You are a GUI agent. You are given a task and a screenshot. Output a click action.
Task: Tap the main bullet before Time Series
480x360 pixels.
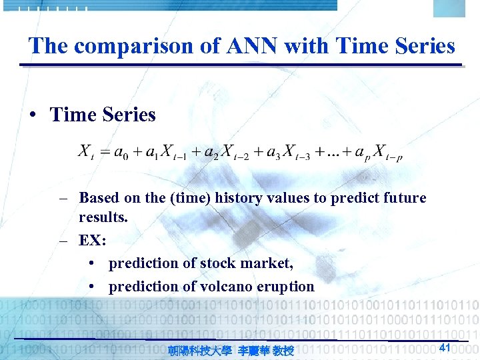33,115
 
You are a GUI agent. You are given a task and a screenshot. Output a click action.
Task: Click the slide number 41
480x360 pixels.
446,347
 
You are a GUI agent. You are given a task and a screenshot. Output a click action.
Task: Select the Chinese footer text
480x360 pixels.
231,350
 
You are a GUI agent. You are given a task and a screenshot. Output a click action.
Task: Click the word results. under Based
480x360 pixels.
103,218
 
